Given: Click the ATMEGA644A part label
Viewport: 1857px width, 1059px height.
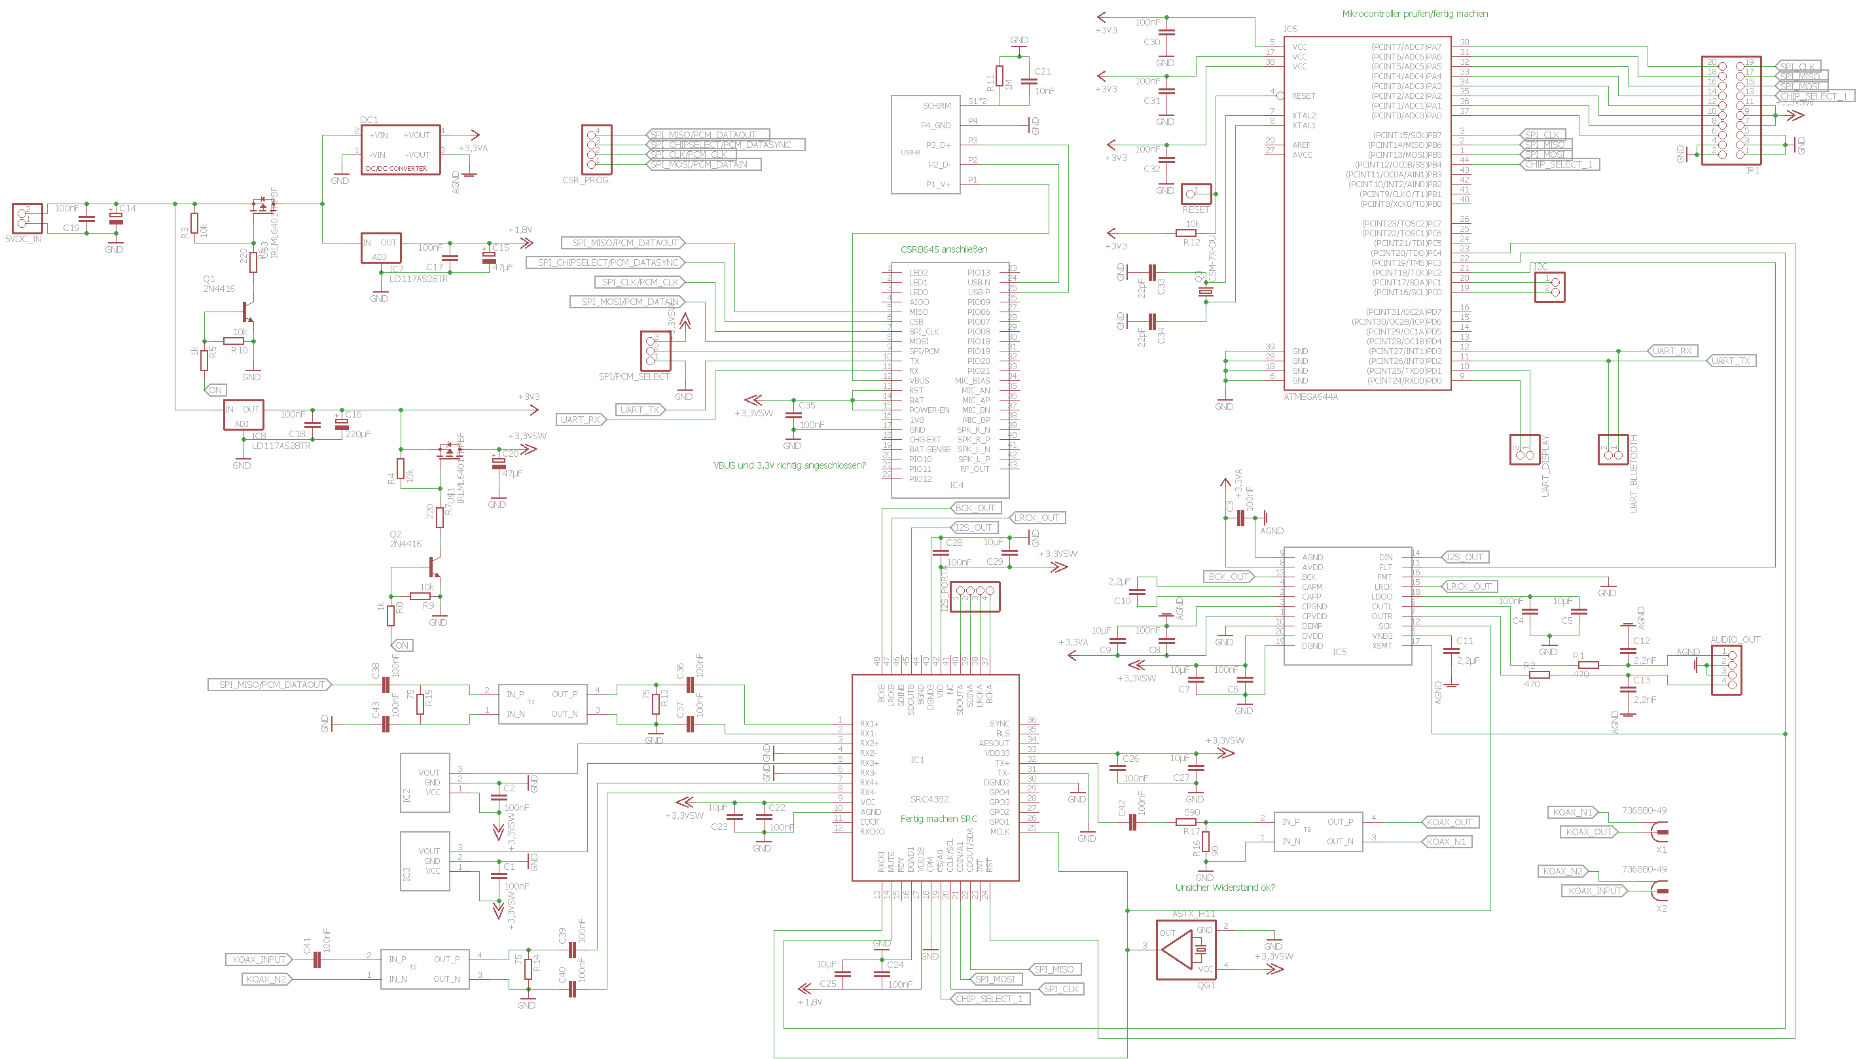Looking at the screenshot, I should (1310, 397).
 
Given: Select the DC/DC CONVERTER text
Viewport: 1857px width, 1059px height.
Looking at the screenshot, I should (396, 169).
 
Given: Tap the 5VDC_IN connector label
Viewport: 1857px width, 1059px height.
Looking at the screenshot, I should (24, 238).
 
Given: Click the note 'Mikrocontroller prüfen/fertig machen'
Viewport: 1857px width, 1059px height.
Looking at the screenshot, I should (1415, 14).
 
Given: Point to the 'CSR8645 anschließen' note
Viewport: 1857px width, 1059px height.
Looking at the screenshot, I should (943, 249).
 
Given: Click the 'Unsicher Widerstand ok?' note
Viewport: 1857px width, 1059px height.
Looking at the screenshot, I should (1225, 888).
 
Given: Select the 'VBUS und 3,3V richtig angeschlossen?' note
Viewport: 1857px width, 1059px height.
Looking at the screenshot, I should (789, 465).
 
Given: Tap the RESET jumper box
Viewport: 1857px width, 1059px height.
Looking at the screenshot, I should (1196, 194).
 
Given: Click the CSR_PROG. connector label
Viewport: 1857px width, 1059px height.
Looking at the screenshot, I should (586, 181).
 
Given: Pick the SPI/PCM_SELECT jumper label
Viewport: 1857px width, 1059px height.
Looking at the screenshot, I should (634, 377).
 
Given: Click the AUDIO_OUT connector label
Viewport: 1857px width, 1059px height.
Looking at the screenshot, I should (1735, 640).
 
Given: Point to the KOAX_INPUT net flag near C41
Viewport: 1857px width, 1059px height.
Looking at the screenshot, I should (259, 960).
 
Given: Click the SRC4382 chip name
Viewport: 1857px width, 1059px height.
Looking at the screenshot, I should (929, 799).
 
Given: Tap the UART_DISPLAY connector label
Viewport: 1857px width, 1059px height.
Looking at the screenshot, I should (1545, 465).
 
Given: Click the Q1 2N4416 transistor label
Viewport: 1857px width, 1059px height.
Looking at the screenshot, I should (218, 283).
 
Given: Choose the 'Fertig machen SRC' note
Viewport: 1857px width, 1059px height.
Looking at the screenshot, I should (939, 819).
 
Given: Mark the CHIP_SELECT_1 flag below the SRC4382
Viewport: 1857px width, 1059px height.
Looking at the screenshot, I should (988, 999).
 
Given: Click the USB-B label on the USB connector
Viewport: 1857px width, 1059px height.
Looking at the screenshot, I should (910, 153).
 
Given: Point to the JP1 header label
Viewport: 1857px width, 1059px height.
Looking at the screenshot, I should (1752, 170).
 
